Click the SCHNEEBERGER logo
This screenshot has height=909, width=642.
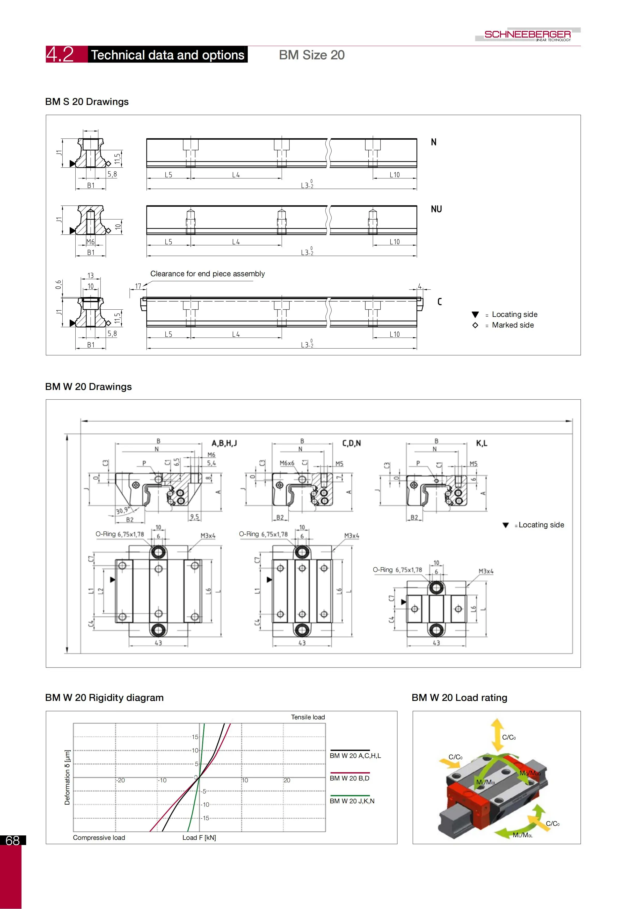(x=527, y=34)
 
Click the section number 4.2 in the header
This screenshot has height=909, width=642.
(x=60, y=54)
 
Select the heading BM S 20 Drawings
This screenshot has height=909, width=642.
(x=87, y=102)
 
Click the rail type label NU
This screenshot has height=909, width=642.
(x=436, y=209)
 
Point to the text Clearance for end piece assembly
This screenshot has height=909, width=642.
(x=207, y=274)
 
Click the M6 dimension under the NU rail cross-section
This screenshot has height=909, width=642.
(x=91, y=242)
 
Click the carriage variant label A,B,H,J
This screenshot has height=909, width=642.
(x=224, y=443)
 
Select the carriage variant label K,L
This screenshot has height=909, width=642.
(x=481, y=443)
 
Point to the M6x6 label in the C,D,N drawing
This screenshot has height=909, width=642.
(x=287, y=463)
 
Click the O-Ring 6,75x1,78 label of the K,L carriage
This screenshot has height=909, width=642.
(x=397, y=570)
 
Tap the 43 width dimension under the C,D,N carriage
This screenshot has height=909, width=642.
(x=302, y=643)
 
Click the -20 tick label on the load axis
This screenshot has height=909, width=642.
(x=121, y=780)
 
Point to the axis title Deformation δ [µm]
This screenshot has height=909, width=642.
(x=67, y=777)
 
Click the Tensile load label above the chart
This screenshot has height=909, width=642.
(x=308, y=717)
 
